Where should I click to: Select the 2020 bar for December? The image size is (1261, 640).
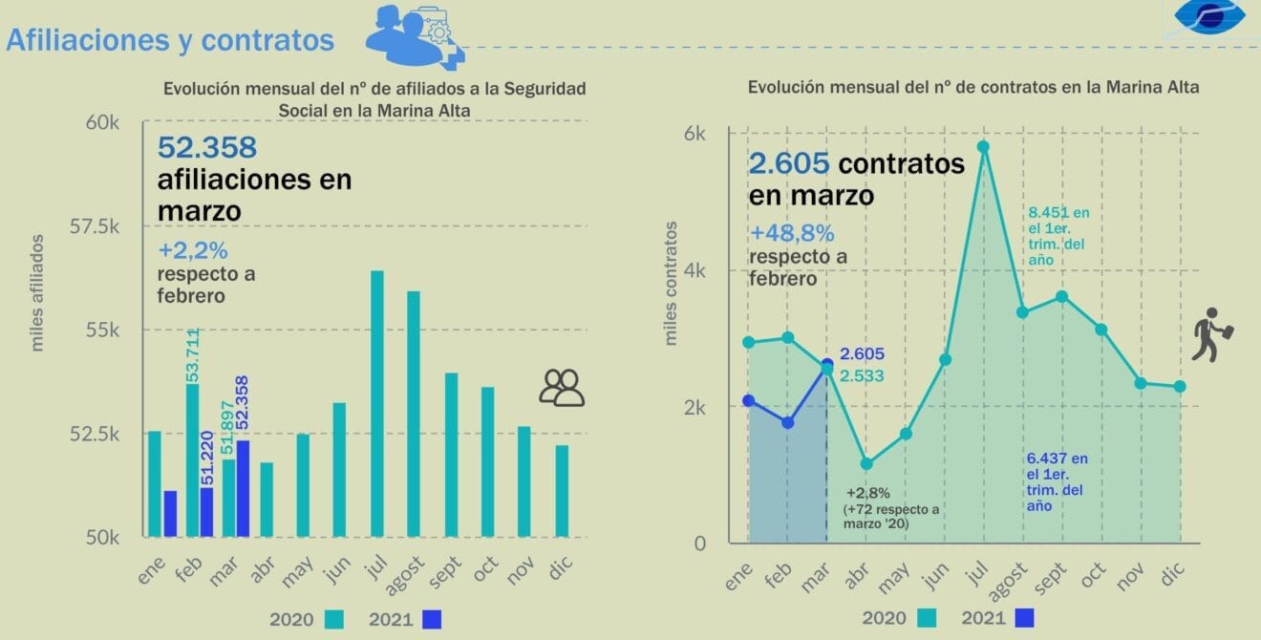(562, 491)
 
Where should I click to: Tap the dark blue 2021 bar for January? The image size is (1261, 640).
(170, 514)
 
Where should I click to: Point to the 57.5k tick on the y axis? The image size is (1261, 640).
(96, 226)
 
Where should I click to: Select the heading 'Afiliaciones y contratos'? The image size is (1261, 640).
(170, 40)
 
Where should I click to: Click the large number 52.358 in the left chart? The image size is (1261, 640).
(207, 148)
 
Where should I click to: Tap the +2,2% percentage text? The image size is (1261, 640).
(193, 251)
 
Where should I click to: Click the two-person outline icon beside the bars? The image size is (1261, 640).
(562, 387)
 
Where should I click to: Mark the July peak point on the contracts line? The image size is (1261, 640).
(981, 147)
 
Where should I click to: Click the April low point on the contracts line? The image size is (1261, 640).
(866, 464)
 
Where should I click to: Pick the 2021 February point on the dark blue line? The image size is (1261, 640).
(788, 422)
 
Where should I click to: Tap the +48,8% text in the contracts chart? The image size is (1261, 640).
(792, 233)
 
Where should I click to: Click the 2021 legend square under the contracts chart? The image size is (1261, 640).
(1024, 618)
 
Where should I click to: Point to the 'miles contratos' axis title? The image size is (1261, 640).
(672, 283)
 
